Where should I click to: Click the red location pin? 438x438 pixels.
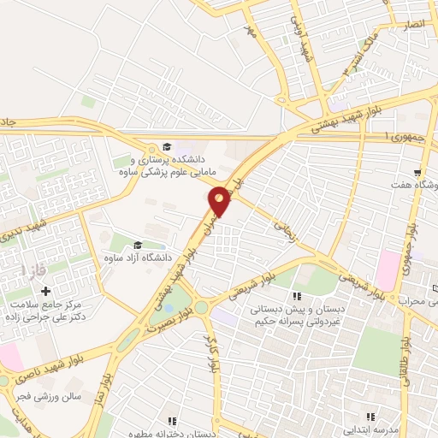click(221, 201)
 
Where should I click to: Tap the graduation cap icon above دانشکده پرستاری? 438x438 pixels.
click(169, 146)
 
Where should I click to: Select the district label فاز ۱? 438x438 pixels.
click(33, 270)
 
